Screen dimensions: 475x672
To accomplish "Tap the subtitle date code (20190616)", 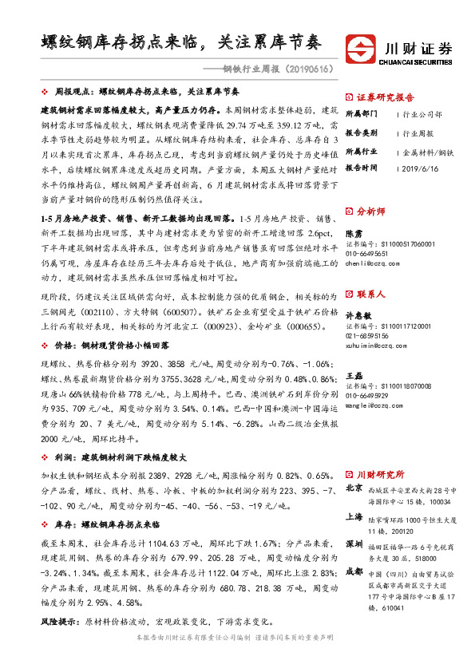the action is point(307,69).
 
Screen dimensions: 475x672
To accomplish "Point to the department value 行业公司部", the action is point(422,115).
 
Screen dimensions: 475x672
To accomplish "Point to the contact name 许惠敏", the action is point(358,314).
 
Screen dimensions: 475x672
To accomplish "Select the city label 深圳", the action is point(354,544).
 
